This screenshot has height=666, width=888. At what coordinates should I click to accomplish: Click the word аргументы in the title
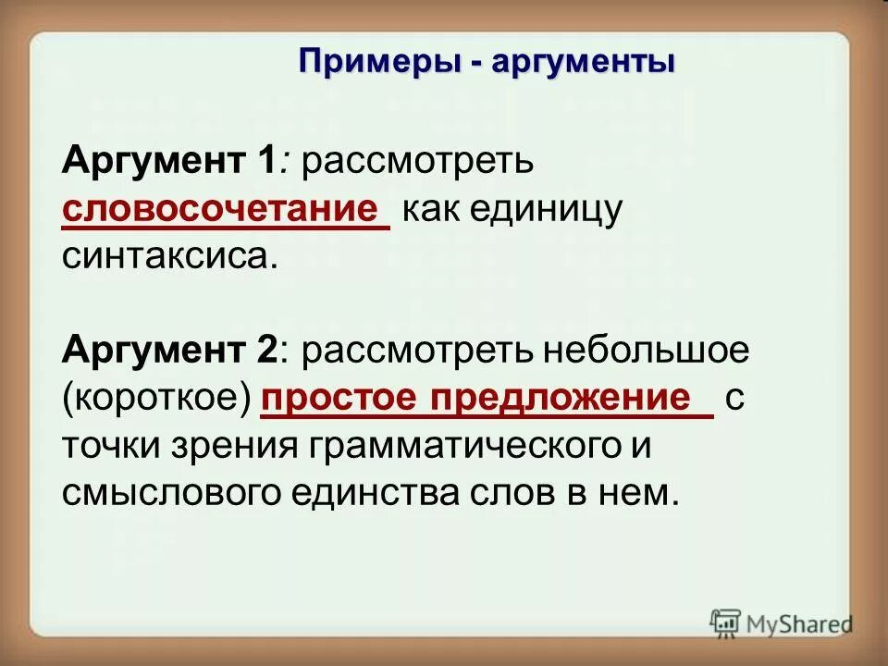(584, 64)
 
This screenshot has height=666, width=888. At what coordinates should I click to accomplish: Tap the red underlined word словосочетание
(223, 208)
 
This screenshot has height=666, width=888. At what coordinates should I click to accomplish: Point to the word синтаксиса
(169, 256)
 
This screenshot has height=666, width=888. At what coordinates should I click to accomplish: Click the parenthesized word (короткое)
(156, 399)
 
